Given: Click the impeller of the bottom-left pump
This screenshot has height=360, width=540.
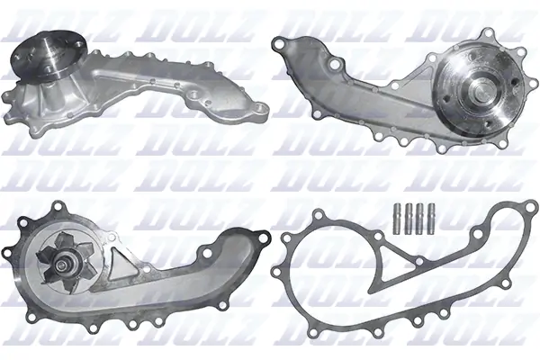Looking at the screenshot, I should click(x=56, y=256).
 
